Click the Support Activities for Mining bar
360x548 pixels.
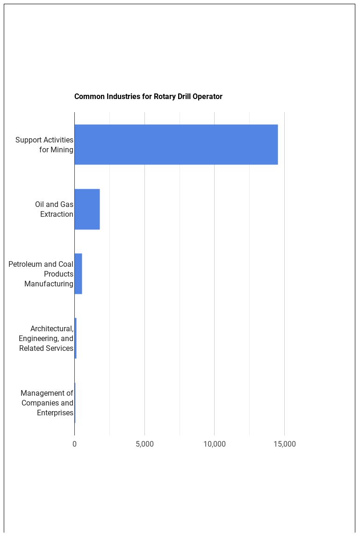click(x=176, y=144)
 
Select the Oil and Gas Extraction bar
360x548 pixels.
click(x=87, y=209)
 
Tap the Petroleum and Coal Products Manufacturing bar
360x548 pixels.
click(x=78, y=274)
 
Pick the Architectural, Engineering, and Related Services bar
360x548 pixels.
click(x=75, y=338)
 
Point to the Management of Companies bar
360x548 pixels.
click(x=75, y=403)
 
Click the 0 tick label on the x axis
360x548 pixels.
click(x=74, y=444)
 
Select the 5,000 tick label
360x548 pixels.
click(x=144, y=444)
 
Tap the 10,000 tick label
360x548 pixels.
click(x=215, y=444)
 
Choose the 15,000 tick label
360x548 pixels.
click(x=284, y=444)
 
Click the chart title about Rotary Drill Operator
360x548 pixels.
click(x=148, y=97)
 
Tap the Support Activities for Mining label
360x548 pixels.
click(x=44, y=145)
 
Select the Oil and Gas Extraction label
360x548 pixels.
click(x=54, y=209)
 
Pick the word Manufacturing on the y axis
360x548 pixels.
click(x=49, y=284)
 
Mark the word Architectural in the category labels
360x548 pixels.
click(x=52, y=329)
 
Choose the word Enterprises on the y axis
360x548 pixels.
click(x=55, y=413)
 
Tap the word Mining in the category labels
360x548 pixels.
click(x=62, y=150)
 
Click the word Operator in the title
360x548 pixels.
click(x=207, y=97)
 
